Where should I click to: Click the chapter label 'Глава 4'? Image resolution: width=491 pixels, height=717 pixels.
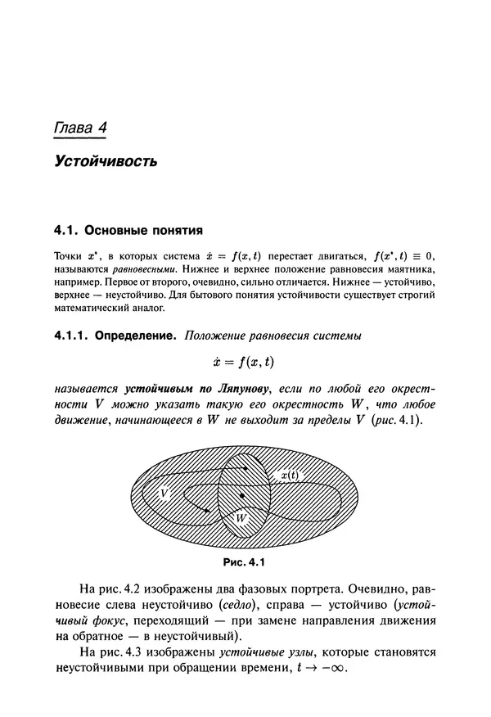(x=82, y=128)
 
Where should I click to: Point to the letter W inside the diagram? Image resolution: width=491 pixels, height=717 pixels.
(x=241, y=518)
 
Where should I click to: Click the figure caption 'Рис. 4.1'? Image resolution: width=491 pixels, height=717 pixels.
(x=244, y=562)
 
